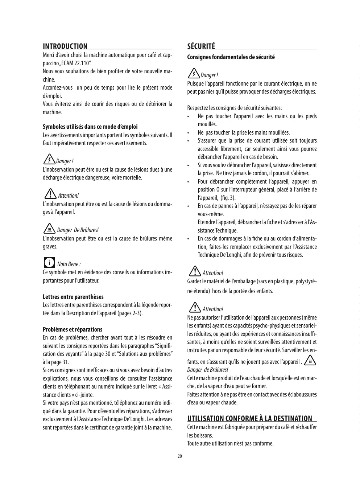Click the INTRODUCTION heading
click(x=65, y=46)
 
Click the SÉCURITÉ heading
click(x=201, y=46)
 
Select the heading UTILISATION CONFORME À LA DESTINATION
click(x=249, y=418)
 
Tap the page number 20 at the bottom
click(x=180, y=456)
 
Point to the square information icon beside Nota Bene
click(x=49, y=262)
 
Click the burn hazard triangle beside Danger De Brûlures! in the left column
click(x=49, y=229)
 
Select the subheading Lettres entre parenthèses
click(x=73, y=297)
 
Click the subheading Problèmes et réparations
click(x=73, y=329)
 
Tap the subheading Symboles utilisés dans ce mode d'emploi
click(x=90, y=127)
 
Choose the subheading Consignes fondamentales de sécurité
click(x=231, y=57)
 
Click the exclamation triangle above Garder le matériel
click(x=195, y=271)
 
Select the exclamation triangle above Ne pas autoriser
click(x=195, y=307)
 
